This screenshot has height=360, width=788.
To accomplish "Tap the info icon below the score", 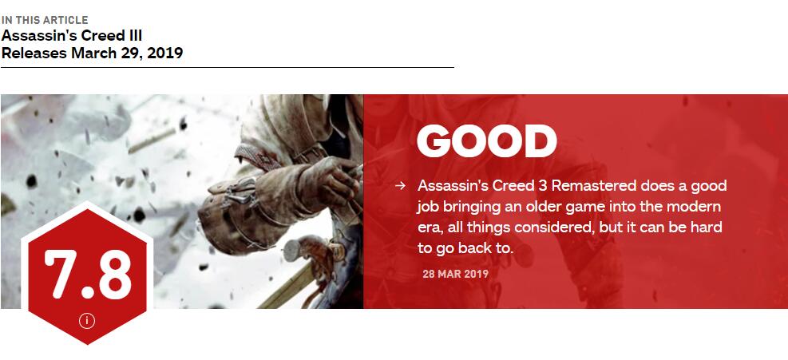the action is (x=87, y=321).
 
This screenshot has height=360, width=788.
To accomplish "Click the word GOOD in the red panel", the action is (x=486, y=141).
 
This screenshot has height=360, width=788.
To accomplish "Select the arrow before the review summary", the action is (x=400, y=185).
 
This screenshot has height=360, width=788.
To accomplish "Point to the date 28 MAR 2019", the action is (x=455, y=274).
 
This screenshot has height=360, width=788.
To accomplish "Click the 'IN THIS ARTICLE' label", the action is (x=45, y=20).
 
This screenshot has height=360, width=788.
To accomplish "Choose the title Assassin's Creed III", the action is (x=72, y=36).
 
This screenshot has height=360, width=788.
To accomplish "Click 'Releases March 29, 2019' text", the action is (x=92, y=53).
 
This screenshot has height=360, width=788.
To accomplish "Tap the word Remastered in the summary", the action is (x=596, y=185).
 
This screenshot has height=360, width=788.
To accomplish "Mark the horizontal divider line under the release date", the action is (x=228, y=67).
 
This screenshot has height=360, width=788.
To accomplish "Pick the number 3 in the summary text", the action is (x=542, y=185).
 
